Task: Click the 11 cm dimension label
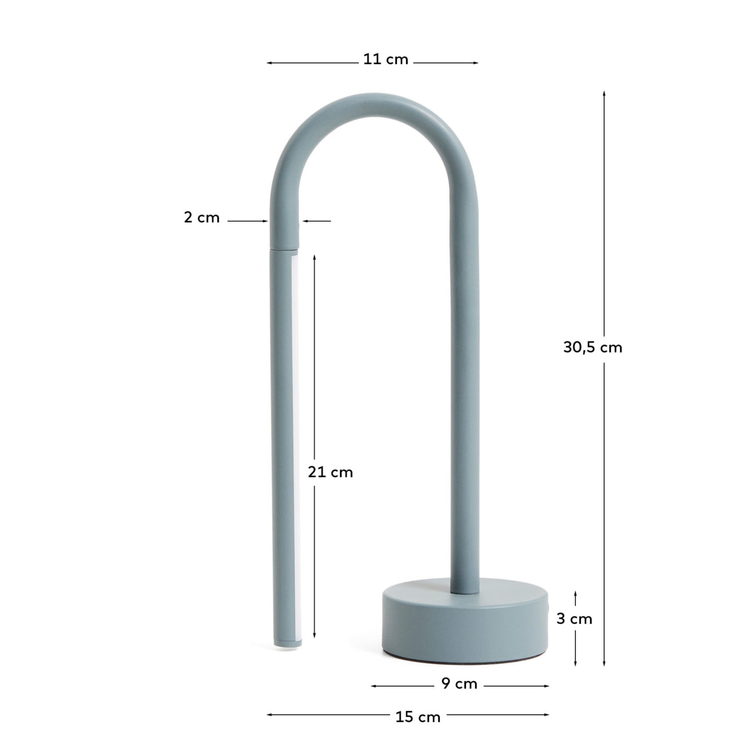tap(386, 59)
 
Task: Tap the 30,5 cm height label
tap(592, 347)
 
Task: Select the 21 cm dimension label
tap(330, 472)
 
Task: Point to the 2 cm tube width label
tap(202, 218)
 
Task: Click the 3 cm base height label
tap(574, 619)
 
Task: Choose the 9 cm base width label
tap(459, 683)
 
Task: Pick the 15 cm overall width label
tap(418, 717)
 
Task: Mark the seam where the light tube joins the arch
tap(284, 248)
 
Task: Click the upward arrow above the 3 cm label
tap(575, 593)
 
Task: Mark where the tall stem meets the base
tap(465, 593)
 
